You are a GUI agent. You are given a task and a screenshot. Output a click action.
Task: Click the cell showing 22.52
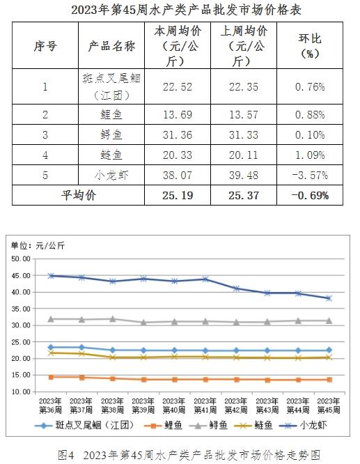[x=178, y=86]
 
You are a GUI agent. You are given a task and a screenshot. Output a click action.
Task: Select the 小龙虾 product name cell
[x=111, y=175]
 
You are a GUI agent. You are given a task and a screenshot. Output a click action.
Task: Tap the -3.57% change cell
[x=310, y=175]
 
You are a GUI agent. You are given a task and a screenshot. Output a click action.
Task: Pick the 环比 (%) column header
[x=310, y=45]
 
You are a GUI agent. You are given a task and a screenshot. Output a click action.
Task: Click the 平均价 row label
[x=79, y=195]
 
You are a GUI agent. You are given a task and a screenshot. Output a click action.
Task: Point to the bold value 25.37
[x=244, y=195]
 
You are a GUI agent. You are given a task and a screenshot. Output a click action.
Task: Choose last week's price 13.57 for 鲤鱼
[x=244, y=114]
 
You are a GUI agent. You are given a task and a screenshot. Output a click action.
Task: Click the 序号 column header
[x=45, y=46]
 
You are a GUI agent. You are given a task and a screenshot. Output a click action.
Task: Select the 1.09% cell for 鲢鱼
[x=310, y=155]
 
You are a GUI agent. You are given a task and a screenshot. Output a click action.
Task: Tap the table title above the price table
[x=186, y=10]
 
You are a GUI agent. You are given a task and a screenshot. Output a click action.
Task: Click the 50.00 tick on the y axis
[x=21, y=259]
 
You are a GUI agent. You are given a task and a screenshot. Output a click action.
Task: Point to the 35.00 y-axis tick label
[x=21, y=309]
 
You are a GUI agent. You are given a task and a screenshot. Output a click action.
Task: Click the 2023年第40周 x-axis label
[x=174, y=405]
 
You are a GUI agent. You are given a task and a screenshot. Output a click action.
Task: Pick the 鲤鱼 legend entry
[x=163, y=426]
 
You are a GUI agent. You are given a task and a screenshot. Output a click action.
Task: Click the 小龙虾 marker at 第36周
[x=51, y=276]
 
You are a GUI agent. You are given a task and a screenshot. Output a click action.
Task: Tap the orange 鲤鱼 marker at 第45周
[x=329, y=380]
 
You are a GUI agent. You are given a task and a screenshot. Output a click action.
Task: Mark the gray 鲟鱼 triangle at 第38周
[x=113, y=319]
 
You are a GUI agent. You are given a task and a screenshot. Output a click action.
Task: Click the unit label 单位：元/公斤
[x=38, y=245]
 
